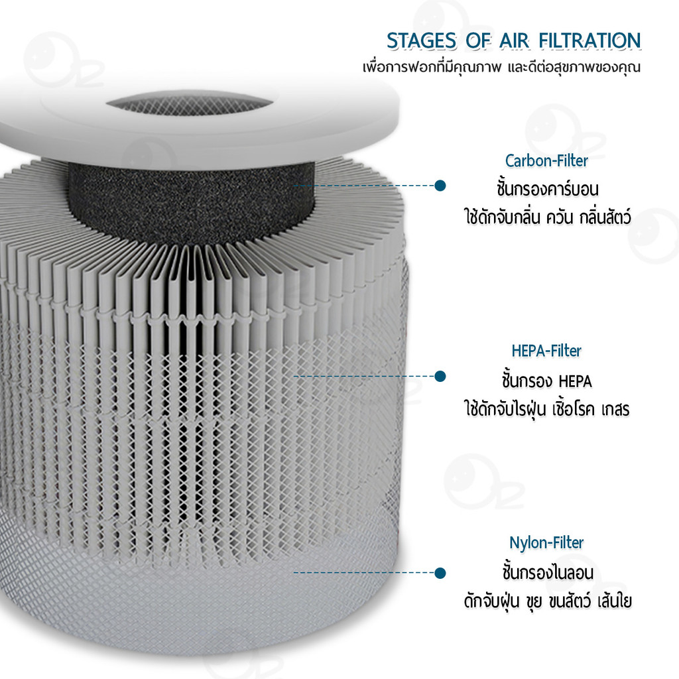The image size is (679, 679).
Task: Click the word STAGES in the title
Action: (x=421, y=41)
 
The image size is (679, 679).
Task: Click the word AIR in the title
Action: (x=514, y=41)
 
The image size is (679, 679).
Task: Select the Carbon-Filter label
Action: (x=546, y=160)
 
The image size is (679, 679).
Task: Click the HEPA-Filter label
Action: (x=546, y=350)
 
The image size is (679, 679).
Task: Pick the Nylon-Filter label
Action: (x=546, y=542)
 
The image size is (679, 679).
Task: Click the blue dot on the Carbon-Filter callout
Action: (x=440, y=186)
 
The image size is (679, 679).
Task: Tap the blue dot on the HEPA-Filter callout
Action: (x=440, y=377)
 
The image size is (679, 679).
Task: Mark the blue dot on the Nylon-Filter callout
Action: (x=440, y=573)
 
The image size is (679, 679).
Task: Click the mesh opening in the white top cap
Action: (x=190, y=104)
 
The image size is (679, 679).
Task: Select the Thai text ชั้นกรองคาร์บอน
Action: (x=547, y=189)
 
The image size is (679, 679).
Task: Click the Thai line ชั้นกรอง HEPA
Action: (x=547, y=381)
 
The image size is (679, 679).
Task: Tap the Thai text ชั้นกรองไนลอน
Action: (x=548, y=572)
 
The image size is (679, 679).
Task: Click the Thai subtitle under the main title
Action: (x=501, y=68)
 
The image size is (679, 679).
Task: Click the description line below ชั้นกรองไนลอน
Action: (x=548, y=601)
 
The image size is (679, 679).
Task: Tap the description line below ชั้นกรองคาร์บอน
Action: (x=547, y=217)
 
